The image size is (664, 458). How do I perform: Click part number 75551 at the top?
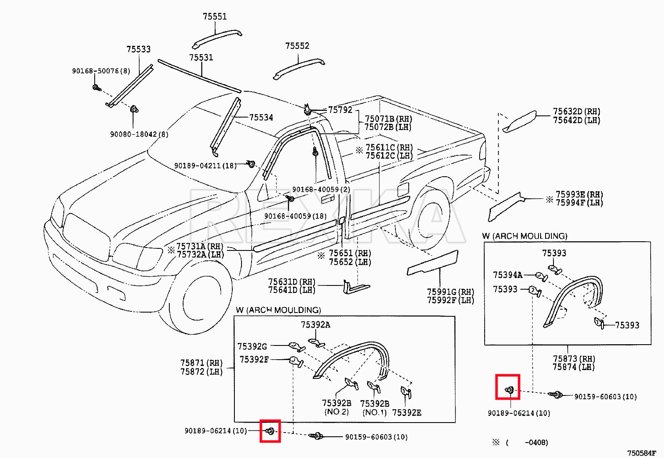pos(215,17)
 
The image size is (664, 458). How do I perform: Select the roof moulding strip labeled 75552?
pos(298,68)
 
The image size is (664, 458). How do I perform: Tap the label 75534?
pos(261,118)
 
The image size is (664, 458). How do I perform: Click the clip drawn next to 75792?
pos(307,110)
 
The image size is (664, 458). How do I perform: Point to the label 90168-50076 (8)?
pos(101,71)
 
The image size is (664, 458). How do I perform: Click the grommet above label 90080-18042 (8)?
pos(134,110)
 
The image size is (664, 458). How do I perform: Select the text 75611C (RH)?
pos(389,148)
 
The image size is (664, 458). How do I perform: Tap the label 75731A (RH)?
pos(200,246)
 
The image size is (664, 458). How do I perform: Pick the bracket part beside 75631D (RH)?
pos(355,287)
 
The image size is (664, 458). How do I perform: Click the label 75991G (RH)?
pos(450,292)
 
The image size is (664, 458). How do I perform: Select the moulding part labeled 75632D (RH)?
pos(519,122)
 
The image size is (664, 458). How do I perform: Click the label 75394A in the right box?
pos(508,275)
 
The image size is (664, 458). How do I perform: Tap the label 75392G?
pos(252,346)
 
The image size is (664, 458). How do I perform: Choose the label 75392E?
pos(407,413)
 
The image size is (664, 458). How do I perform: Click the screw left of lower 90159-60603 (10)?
pos(316,436)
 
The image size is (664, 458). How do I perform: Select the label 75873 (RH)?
pos(574,359)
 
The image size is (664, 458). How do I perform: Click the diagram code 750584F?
pos(642,453)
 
